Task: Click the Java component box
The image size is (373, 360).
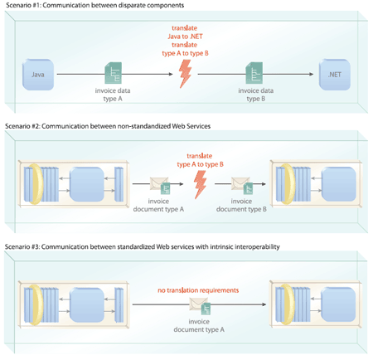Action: tap(38, 75)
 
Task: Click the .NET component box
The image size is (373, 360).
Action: tap(335, 75)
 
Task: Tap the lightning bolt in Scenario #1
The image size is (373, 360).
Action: tap(185, 74)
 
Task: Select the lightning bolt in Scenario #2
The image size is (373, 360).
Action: tap(200, 184)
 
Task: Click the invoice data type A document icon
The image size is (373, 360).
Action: tap(114, 73)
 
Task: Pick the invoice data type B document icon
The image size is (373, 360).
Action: tap(254, 73)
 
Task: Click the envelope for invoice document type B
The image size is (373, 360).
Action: tap(240, 183)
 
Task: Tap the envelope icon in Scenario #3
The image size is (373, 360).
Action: tap(198, 304)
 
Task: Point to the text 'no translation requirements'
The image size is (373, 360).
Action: tap(198, 290)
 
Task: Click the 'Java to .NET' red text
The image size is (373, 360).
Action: tap(185, 36)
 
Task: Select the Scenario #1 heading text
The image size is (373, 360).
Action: tap(94, 5)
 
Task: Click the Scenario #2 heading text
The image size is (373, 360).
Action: tap(108, 126)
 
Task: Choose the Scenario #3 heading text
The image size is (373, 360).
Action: tap(143, 246)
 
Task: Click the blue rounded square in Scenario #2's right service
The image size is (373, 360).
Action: tap(339, 184)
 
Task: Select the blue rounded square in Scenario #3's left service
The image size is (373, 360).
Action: tap(87, 304)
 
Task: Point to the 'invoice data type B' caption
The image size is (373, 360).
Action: tap(256, 95)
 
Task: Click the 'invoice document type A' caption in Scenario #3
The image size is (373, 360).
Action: tap(199, 325)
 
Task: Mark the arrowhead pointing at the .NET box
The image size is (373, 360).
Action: tap(312, 74)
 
